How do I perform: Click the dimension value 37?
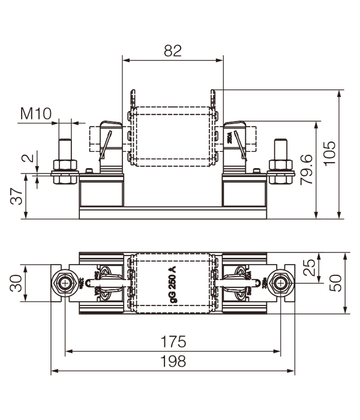18,196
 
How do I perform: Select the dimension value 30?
18,282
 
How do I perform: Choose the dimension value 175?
173,342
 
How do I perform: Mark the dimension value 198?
173,361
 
